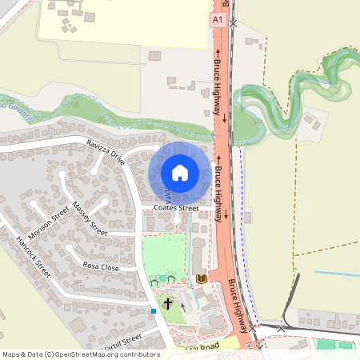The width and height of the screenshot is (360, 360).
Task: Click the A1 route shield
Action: click(218, 18)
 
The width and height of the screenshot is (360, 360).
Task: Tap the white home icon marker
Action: click(180, 173)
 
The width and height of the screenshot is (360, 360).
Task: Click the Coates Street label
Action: click(177, 208)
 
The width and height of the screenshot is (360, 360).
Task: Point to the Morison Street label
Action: click(49, 226)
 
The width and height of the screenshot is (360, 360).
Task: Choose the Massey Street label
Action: click(89, 218)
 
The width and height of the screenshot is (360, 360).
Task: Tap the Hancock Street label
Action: click(33, 255)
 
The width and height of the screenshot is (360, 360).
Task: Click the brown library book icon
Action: click(200, 278)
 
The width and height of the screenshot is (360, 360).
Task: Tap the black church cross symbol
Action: click(167, 303)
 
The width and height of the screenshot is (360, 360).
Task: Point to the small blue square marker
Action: click(153, 310)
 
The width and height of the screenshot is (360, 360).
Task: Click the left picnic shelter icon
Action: click(154, 281)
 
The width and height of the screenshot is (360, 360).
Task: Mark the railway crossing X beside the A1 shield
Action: click(233, 24)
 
